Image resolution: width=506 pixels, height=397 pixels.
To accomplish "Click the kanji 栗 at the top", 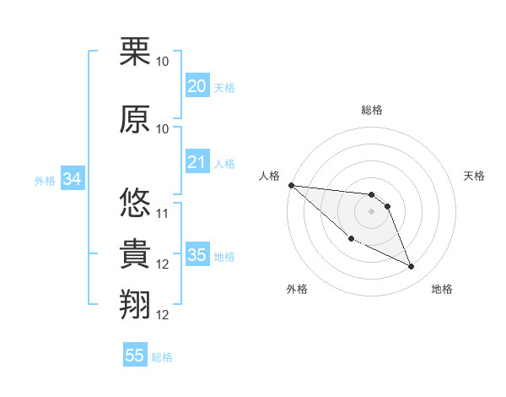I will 135,52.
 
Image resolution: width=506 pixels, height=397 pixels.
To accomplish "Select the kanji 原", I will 135,118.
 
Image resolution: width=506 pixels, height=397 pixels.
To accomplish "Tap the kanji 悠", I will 135,203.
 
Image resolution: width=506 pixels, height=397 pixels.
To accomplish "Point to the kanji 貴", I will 135,254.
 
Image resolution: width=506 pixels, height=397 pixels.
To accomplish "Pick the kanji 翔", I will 135,304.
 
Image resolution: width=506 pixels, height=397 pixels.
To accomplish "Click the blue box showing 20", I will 196,86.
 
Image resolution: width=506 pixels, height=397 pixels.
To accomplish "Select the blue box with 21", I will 196,162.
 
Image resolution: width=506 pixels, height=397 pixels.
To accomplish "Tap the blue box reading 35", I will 196,255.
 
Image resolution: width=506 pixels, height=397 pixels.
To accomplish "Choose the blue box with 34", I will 72,179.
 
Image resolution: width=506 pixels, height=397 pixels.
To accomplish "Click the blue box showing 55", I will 135,356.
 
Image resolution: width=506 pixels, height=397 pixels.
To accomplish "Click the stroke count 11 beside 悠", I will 163,213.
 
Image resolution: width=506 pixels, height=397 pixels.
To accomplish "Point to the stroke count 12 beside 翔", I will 163,315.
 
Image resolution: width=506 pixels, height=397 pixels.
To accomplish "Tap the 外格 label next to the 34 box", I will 45,180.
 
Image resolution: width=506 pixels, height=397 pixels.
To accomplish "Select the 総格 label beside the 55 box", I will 162,357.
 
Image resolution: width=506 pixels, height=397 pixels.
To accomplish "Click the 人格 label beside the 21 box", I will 224,163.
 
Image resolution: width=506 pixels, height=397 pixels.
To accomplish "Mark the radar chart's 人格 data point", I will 291,185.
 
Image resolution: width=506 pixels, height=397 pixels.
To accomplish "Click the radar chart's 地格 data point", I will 412,267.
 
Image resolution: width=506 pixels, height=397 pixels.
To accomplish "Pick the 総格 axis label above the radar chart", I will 371,110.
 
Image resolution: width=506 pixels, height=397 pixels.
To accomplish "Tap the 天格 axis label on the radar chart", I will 475,176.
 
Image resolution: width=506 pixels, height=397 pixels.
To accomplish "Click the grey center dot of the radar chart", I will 371,211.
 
